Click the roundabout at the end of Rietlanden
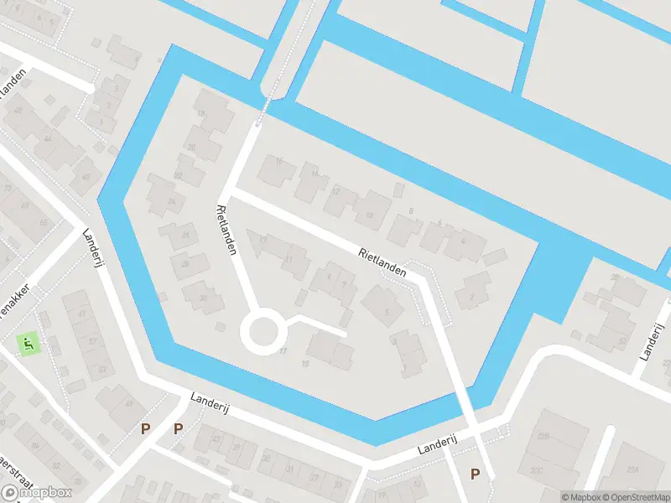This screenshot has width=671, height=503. [260, 332]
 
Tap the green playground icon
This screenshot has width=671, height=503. [28, 342]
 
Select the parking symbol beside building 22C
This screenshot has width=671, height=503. [475, 474]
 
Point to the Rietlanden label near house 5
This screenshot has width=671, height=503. [382, 262]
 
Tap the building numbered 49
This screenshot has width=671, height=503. [126, 404]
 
